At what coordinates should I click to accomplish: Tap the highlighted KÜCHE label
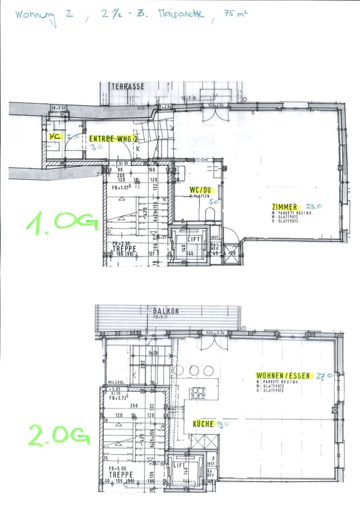point(203,423)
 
